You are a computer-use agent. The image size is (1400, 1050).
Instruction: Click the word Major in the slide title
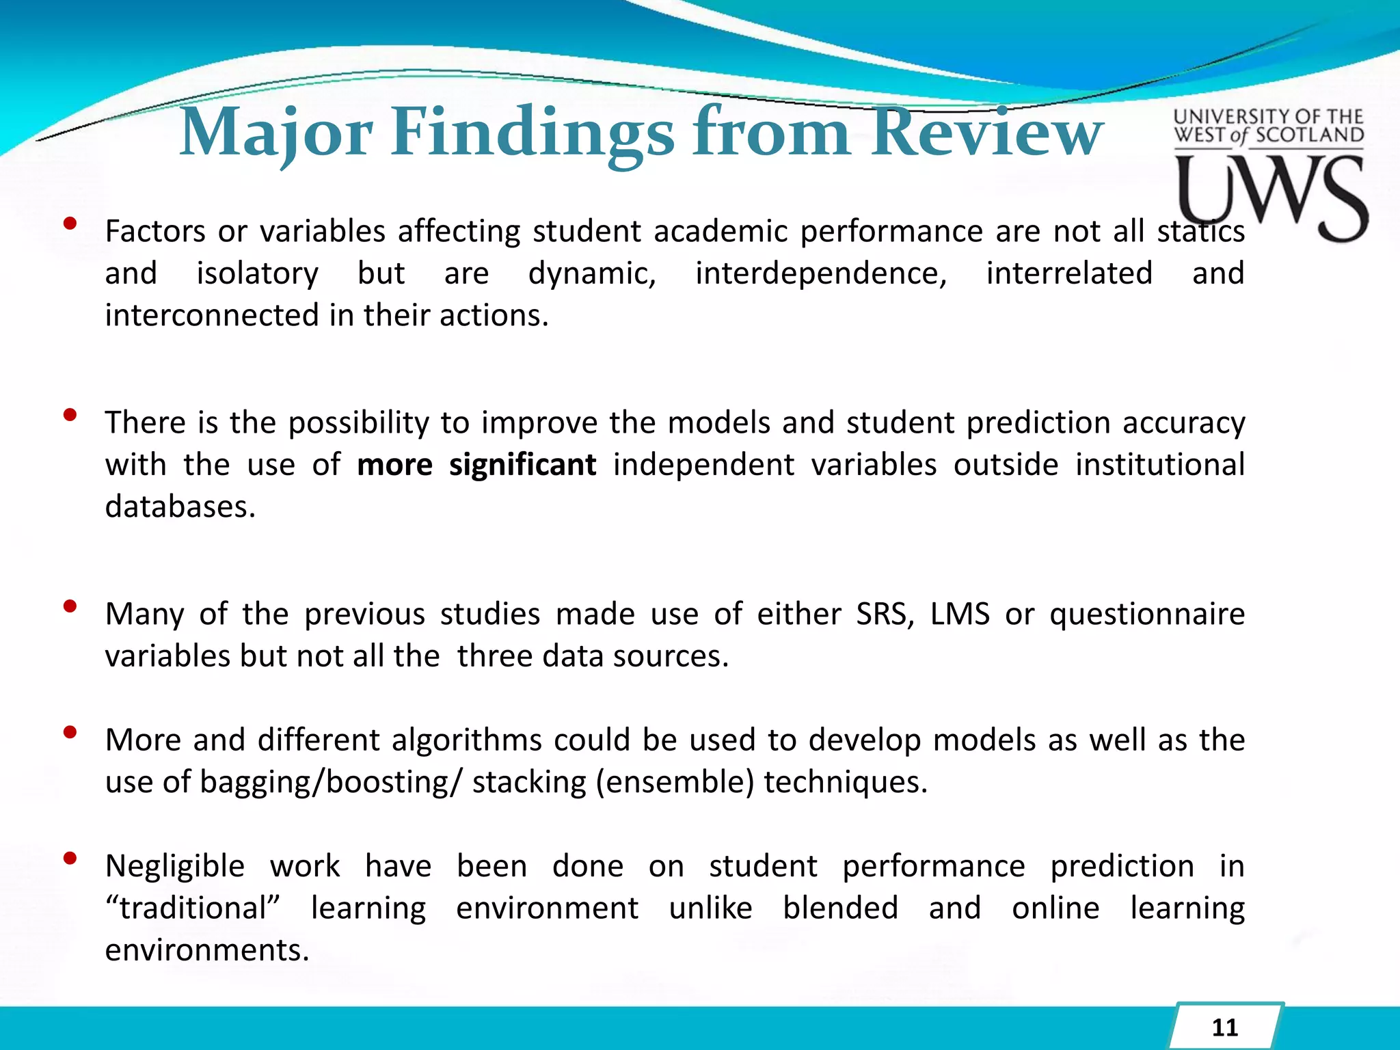(275, 133)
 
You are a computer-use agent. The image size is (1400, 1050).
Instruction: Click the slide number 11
(1224, 1027)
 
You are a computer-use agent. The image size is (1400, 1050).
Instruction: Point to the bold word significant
(522, 465)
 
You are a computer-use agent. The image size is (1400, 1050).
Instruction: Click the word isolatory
(257, 273)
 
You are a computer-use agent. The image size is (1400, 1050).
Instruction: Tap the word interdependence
(821, 273)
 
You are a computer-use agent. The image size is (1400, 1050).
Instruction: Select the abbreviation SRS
(885, 614)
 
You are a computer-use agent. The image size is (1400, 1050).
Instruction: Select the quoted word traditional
(193, 908)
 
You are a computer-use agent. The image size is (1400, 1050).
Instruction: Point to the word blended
(840, 908)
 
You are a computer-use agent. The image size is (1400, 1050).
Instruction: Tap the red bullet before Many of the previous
(69, 606)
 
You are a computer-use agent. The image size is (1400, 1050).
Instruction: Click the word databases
(180, 507)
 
